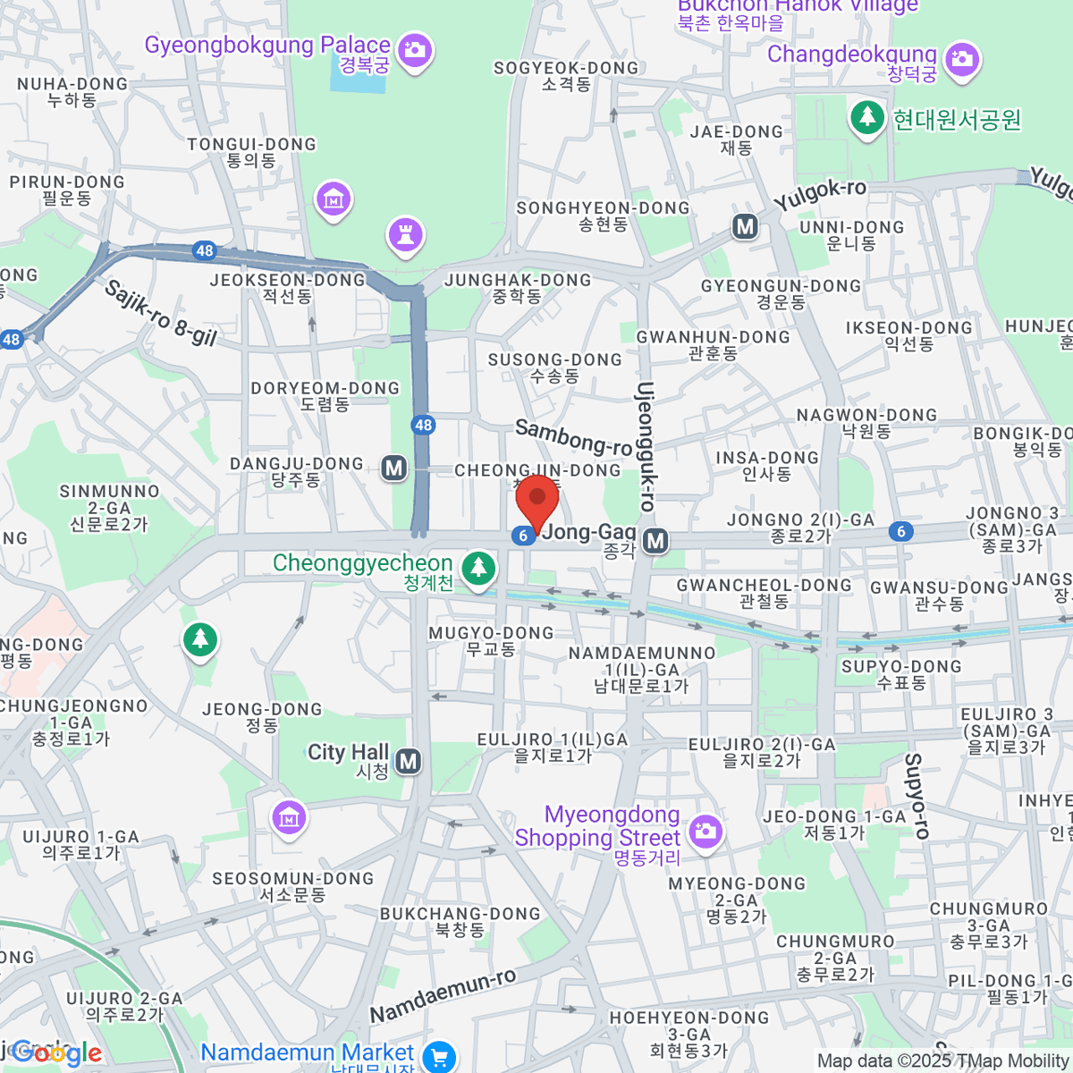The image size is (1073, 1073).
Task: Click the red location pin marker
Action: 537,501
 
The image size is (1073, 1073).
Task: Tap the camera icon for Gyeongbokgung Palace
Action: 414,49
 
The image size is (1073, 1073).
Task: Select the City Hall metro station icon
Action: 409,761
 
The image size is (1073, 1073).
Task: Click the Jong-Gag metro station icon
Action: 656,539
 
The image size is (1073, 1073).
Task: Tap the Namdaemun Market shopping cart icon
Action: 439,1057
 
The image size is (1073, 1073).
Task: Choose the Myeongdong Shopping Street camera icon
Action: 705,830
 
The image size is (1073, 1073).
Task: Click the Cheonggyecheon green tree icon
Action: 479,567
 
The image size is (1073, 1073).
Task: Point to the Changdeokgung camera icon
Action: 962,60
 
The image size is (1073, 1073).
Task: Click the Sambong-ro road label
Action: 574,436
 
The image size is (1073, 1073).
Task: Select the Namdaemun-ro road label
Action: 444,995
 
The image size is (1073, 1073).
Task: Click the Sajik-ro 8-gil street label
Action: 161,312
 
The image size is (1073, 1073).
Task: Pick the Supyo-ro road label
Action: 916,795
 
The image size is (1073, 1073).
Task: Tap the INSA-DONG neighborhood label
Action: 767,465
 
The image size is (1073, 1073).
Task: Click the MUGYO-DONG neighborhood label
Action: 491,640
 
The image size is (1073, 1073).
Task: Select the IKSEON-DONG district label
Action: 908,335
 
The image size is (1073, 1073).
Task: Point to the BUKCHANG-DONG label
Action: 460,921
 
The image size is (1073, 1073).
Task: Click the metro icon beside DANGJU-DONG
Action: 393,468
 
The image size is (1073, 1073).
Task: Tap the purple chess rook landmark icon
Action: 406,235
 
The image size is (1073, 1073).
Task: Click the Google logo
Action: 55,1053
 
